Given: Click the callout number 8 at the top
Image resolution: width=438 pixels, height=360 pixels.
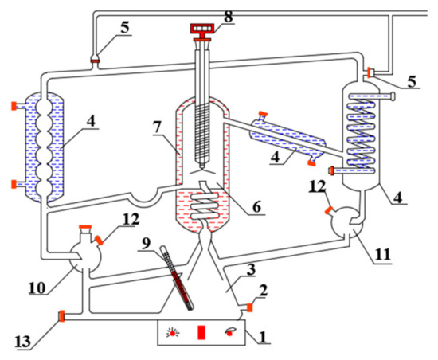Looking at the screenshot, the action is tap(229, 16).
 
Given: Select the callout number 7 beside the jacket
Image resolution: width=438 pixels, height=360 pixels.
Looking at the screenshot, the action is tap(157, 127).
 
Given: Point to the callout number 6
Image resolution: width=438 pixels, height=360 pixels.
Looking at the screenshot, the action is tap(256, 207).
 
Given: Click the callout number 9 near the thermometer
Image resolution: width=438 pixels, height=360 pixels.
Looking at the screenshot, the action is tap(146, 244).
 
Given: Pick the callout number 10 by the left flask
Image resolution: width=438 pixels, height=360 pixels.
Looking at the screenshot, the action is tap(37, 288).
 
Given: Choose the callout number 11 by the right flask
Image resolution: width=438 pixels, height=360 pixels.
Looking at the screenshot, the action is tap(382, 254).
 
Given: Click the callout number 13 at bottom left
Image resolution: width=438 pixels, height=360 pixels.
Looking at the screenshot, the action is tap(23, 342).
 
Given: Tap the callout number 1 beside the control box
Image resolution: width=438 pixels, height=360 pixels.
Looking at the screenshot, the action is tap(263, 337).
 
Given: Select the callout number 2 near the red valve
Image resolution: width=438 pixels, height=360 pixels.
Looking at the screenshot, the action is tap(263, 291).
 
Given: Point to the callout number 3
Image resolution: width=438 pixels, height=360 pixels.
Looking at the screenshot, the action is tap(251, 269).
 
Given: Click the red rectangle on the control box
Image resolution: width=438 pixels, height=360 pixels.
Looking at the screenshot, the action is tap(201, 332).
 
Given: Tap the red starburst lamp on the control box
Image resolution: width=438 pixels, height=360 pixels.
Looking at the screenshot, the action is tap(173, 332).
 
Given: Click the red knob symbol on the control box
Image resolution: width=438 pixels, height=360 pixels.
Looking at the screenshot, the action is tap(230, 332).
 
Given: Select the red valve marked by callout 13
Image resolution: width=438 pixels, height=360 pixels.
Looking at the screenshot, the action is tap(62, 316).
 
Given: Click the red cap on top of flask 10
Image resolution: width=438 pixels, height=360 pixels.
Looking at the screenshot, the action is tap(85, 226).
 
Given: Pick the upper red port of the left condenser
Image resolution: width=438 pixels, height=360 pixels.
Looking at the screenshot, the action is tap(14, 106).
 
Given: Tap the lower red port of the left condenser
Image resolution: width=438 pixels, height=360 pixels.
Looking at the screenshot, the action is tap(14, 184).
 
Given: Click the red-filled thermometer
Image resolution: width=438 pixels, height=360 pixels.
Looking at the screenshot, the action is tap(177, 277).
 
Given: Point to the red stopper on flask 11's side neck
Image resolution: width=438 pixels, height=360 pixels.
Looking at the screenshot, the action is tap(328, 210).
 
